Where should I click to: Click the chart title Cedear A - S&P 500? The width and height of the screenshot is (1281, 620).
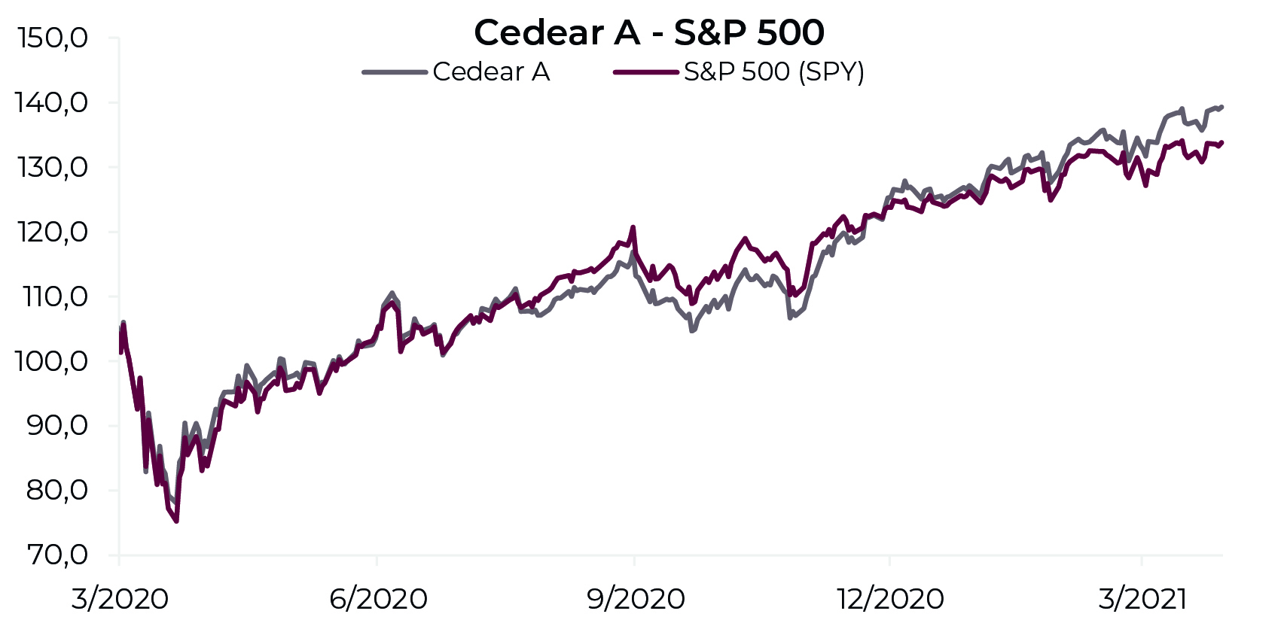pos(649,32)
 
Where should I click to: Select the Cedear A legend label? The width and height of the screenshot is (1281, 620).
pos(491,72)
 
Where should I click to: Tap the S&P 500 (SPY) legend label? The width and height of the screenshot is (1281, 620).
pos(773,72)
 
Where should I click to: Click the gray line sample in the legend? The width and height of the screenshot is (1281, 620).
pos(395,72)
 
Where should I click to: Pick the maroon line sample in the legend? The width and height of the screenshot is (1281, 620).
pos(645,72)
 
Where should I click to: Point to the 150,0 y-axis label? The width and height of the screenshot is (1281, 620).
pos(53,39)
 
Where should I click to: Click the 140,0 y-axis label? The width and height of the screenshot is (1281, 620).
pos(51,103)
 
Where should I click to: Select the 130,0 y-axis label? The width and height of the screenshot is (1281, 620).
pos(53,168)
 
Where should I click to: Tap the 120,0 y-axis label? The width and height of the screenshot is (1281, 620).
pos(53,232)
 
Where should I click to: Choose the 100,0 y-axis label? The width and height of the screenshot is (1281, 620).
pos(51,362)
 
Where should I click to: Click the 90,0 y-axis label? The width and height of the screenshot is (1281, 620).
pos(57,427)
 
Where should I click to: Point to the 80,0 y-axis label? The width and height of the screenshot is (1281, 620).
pos(57,491)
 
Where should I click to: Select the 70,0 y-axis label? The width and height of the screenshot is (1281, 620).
pos(57,555)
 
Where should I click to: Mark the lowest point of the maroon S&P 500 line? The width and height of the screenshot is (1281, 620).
pos(177,521)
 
